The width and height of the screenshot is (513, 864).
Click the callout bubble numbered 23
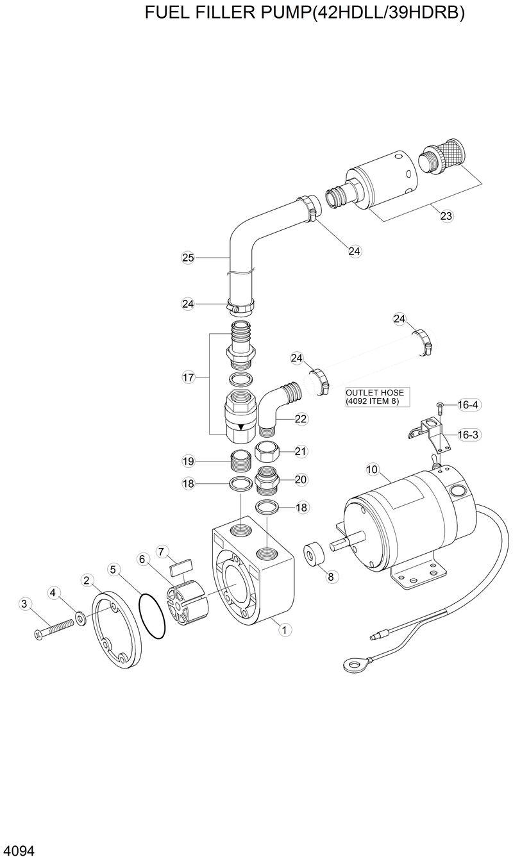tap(446, 216)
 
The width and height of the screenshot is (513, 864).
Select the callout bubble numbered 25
tap(188, 258)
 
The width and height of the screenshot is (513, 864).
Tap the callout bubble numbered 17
tap(188, 378)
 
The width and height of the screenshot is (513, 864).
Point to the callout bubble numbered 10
tap(372, 469)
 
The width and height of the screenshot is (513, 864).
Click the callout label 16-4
tap(469, 405)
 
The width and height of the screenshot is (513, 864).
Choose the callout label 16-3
tap(469, 435)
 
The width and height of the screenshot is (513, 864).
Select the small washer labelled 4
tap(81, 618)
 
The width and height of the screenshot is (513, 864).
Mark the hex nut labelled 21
tap(266, 453)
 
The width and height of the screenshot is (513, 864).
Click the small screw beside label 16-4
tap(440, 405)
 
